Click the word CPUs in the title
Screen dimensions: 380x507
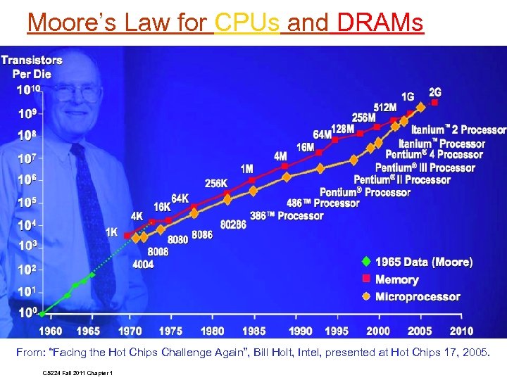tap(246, 23)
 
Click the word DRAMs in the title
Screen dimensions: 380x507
tap(380, 23)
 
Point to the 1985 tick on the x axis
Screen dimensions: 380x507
tap(254, 331)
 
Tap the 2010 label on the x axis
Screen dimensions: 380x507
tap(461, 331)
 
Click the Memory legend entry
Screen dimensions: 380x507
tap(396, 279)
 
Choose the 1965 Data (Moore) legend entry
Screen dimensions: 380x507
tap(423, 262)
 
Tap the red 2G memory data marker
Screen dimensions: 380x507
tap(435, 102)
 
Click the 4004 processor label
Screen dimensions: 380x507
tap(143, 265)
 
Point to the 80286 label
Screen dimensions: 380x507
tap(232, 225)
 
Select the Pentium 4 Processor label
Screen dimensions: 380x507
tap(434, 154)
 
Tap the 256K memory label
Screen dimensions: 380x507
tap(216, 183)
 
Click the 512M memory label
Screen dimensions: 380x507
tap(384, 107)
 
